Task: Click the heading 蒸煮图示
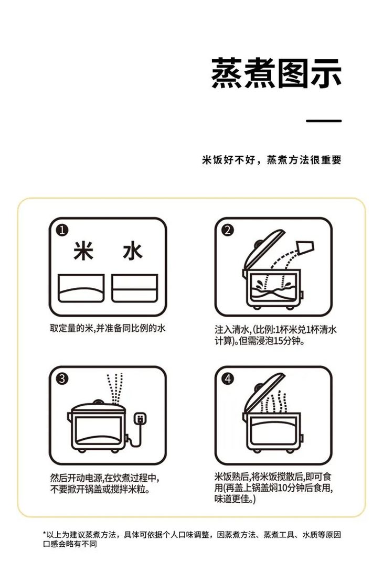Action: click(276, 73)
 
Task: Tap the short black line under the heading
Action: click(324, 121)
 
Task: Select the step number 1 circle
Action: click(63, 231)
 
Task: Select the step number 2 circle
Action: click(228, 231)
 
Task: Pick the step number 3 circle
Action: click(63, 379)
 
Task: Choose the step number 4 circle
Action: click(228, 379)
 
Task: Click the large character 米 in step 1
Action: click(83, 252)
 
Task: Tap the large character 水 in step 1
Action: click(132, 252)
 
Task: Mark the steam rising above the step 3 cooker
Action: click(114, 388)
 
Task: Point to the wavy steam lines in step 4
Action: click(278, 401)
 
